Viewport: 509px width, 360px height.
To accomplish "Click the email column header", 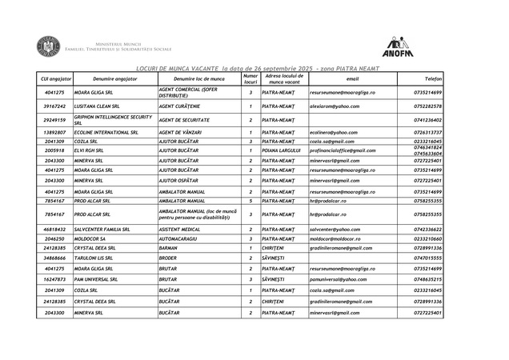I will click(x=353, y=80).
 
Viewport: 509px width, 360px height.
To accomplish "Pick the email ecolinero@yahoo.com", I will click(x=334, y=132).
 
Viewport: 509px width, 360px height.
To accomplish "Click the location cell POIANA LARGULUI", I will click(x=281, y=150).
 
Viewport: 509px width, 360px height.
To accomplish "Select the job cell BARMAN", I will click(x=170, y=248).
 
